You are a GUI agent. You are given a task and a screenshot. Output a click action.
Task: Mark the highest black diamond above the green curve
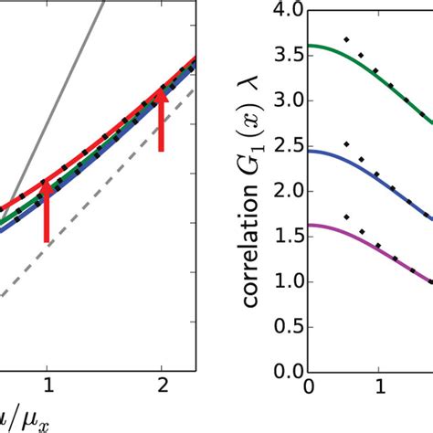click(345, 40)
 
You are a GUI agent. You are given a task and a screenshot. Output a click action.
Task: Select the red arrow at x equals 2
click(162, 119)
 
